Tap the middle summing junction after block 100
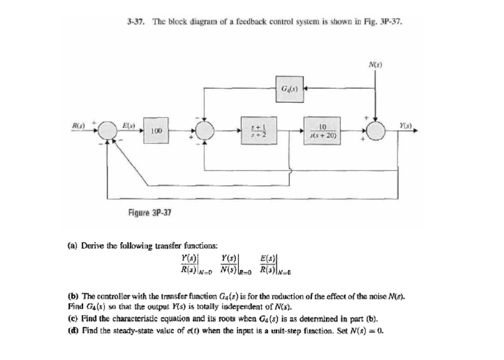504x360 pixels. [205, 131]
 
